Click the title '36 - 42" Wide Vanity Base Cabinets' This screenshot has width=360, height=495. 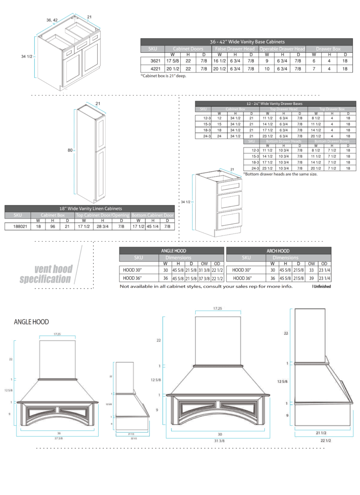(x=247, y=42)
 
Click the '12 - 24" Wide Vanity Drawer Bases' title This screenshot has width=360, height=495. (x=274, y=104)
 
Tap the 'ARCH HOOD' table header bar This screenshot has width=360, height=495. (x=278, y=251)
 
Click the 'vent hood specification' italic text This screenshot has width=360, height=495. (x=47, y=274)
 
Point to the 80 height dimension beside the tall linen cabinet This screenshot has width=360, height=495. (x=70, y=150)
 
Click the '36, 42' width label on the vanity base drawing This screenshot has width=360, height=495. (x=52, y=20)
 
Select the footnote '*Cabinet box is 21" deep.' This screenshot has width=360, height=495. (x=163, y=76)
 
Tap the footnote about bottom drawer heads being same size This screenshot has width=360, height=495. (x=280, y=174)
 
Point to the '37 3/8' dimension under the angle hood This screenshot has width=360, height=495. (x=59, y=437)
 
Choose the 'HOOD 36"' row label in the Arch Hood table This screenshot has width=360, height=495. (x=245, y=278)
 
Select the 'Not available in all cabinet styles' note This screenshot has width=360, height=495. (x=206, y=287)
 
